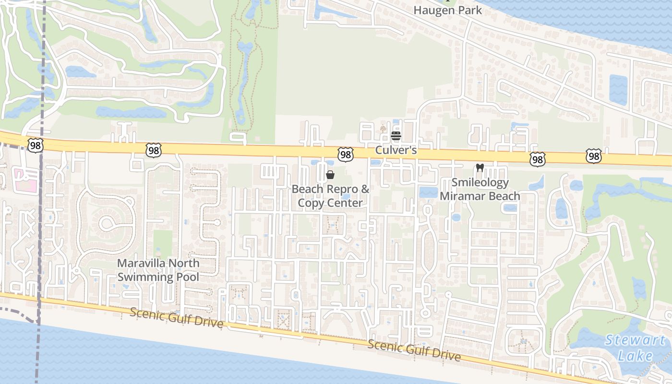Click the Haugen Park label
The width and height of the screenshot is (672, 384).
(447, 10)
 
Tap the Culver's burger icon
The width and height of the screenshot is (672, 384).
(396, 136)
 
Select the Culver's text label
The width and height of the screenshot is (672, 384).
(396, 150)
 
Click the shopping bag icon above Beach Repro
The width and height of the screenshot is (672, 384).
(330, 175)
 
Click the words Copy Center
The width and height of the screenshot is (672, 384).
(330, 203)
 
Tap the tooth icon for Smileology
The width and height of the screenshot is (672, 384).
(479, 168)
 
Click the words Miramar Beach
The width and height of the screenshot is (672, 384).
(480, 196)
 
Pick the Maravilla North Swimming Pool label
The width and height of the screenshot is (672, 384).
(158, 270)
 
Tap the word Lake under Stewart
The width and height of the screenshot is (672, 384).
(635, 356)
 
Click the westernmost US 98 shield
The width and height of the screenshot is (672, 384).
(36, 145)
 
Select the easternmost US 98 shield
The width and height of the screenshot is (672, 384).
(594, 156)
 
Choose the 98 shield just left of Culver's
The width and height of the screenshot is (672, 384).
(345, 154)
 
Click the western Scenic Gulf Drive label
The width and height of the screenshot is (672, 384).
(177, 318)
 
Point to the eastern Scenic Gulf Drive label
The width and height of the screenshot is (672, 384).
(414, 350)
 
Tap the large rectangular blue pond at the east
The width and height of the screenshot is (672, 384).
(618, 89)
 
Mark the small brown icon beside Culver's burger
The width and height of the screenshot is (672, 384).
(383, 129)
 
